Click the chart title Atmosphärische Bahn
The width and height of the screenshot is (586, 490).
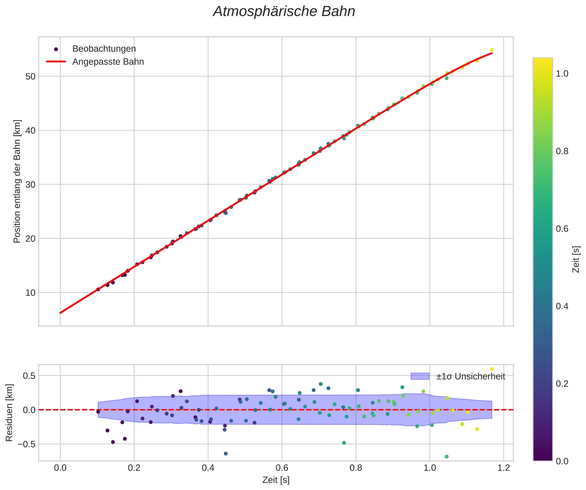(x=284, y=12)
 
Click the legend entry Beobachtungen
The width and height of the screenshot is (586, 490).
(x=104, y=49)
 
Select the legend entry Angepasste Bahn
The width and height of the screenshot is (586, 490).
(x=108, y=62)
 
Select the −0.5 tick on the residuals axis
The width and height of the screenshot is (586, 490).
(x=27, y=444)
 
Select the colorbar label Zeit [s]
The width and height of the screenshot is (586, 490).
(x=576, y=259)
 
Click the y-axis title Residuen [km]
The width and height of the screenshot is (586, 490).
(x=9, y=413)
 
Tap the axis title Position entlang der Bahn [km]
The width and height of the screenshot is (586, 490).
(x=17, y=181)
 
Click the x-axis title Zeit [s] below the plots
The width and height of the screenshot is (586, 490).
(x=276, y=480)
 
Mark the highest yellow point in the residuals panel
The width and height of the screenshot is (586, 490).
(x=492, y=369)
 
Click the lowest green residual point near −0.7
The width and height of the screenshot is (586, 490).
(x=447, y=457)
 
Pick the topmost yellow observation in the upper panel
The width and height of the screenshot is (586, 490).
(x=492, y=50)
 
